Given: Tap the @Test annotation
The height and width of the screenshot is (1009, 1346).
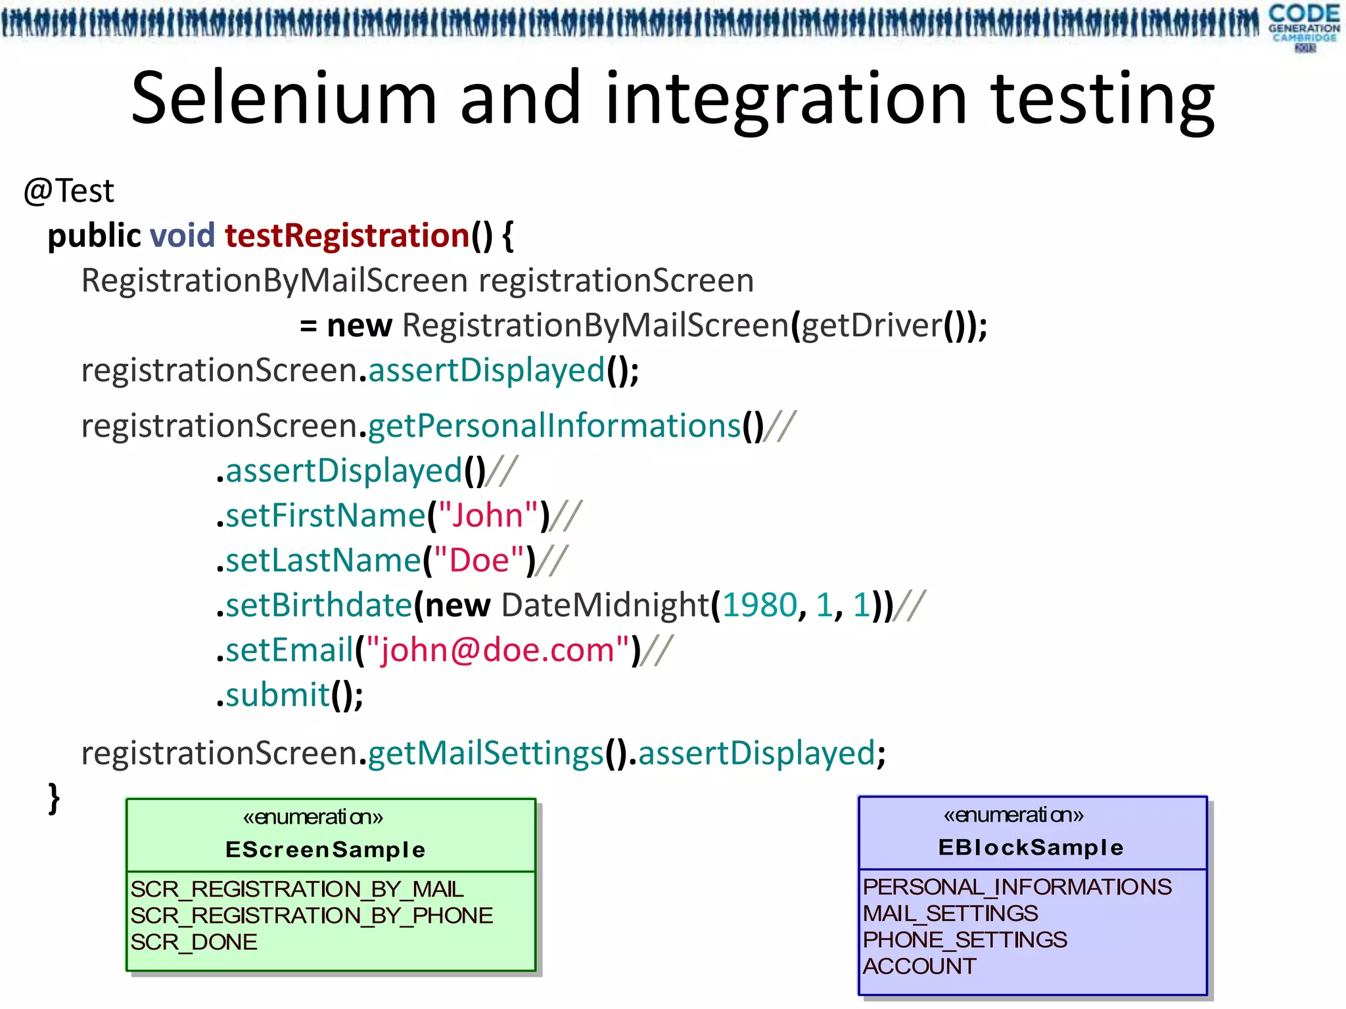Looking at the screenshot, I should tap(68, 191).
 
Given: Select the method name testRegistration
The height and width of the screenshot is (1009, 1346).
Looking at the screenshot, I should tap(347, 235).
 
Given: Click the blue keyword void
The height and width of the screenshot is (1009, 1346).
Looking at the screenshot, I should tap(183, 235).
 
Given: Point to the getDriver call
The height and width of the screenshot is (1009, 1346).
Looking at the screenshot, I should tap(871, 325).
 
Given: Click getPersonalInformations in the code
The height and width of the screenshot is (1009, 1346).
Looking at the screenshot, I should tap(554, 426).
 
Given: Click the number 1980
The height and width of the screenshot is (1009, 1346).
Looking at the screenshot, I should tap(759, 605).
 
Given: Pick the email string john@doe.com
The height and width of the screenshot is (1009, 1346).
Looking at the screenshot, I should tap(497, 650).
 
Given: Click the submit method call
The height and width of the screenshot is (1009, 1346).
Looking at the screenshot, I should tap(277, 695).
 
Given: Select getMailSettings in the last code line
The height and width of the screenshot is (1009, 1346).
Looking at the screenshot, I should tap(486, 753).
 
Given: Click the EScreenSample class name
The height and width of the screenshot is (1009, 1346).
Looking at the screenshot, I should tap(325, 849).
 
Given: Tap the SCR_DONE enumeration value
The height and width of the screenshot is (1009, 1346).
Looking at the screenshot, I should tap(194, 942).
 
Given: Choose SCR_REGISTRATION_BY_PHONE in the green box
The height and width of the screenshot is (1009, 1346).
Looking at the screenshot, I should tap(312, 916).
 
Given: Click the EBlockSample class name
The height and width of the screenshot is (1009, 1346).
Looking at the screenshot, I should tap(1031, 847).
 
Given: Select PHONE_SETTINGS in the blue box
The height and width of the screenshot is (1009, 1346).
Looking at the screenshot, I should tap(965, 940).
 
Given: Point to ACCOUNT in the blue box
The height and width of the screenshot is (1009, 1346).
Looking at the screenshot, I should tap(919, 966).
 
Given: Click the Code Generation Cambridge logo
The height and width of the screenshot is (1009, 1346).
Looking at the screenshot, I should tap(1304, 26).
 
